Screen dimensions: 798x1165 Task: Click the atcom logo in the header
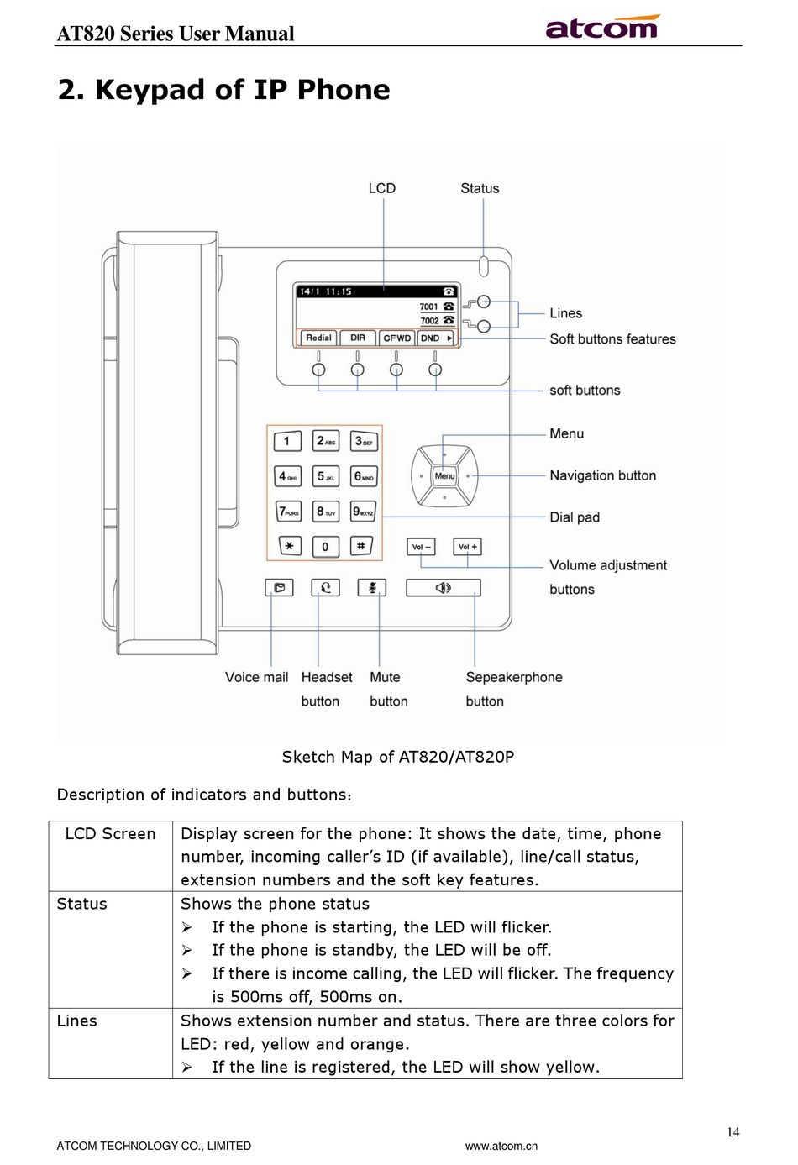pos(602,27)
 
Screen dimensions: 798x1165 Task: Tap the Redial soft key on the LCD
pos(318,338)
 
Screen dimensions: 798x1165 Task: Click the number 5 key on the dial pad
pos(326,476)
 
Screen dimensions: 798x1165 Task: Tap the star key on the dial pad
pos(290,546)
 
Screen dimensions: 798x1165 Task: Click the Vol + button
pos(467,547)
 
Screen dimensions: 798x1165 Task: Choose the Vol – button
pos(421,547)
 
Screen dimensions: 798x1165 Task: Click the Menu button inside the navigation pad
pos(444,476)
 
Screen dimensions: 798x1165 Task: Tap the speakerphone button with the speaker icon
pos(444,588)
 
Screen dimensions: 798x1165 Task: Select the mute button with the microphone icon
pos(372,588)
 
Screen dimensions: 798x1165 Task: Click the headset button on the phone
pos(326,588)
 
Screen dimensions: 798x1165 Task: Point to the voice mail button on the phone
pos(280,588)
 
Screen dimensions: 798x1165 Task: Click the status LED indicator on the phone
pos(483,265)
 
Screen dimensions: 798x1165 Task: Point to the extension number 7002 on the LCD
pos(430,321)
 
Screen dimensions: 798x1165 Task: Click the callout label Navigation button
pos(603,475)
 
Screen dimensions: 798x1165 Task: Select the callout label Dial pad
pos(575,517)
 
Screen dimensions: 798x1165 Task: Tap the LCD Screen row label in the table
pos(110,834)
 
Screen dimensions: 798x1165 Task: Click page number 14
pos(733,1131)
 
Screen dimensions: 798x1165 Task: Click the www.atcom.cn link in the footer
pos(501,1146)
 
